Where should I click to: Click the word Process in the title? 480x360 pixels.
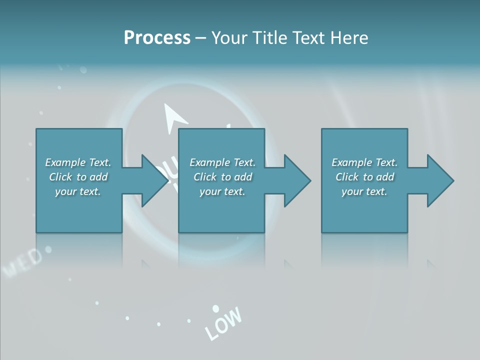point(157,38)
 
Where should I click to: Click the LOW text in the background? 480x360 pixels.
point(223,323)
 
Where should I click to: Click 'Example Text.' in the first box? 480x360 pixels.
point(78,162)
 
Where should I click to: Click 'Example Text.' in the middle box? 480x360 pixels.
point(222,162)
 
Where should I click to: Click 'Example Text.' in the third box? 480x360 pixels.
point(364,162)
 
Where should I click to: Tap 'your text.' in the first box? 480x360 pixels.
point(78,191)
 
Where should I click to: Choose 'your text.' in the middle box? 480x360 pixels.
point(222,191)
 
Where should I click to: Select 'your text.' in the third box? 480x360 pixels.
point(364,191)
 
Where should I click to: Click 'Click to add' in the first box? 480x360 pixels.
point(78,177)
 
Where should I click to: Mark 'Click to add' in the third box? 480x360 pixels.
point(364,177)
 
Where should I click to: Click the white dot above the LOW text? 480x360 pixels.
point(216,308)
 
